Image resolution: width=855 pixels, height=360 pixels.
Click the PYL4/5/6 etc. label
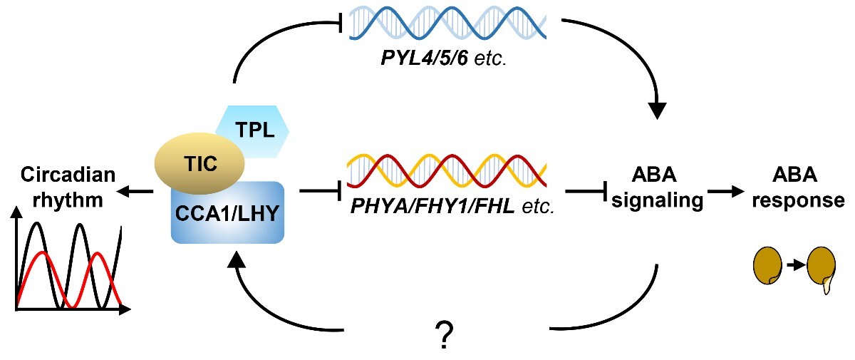[x=442, y=60]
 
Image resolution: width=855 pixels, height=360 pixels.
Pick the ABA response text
[x=809, y=188]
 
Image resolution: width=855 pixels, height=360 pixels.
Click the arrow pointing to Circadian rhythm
[x=135, y=191]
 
